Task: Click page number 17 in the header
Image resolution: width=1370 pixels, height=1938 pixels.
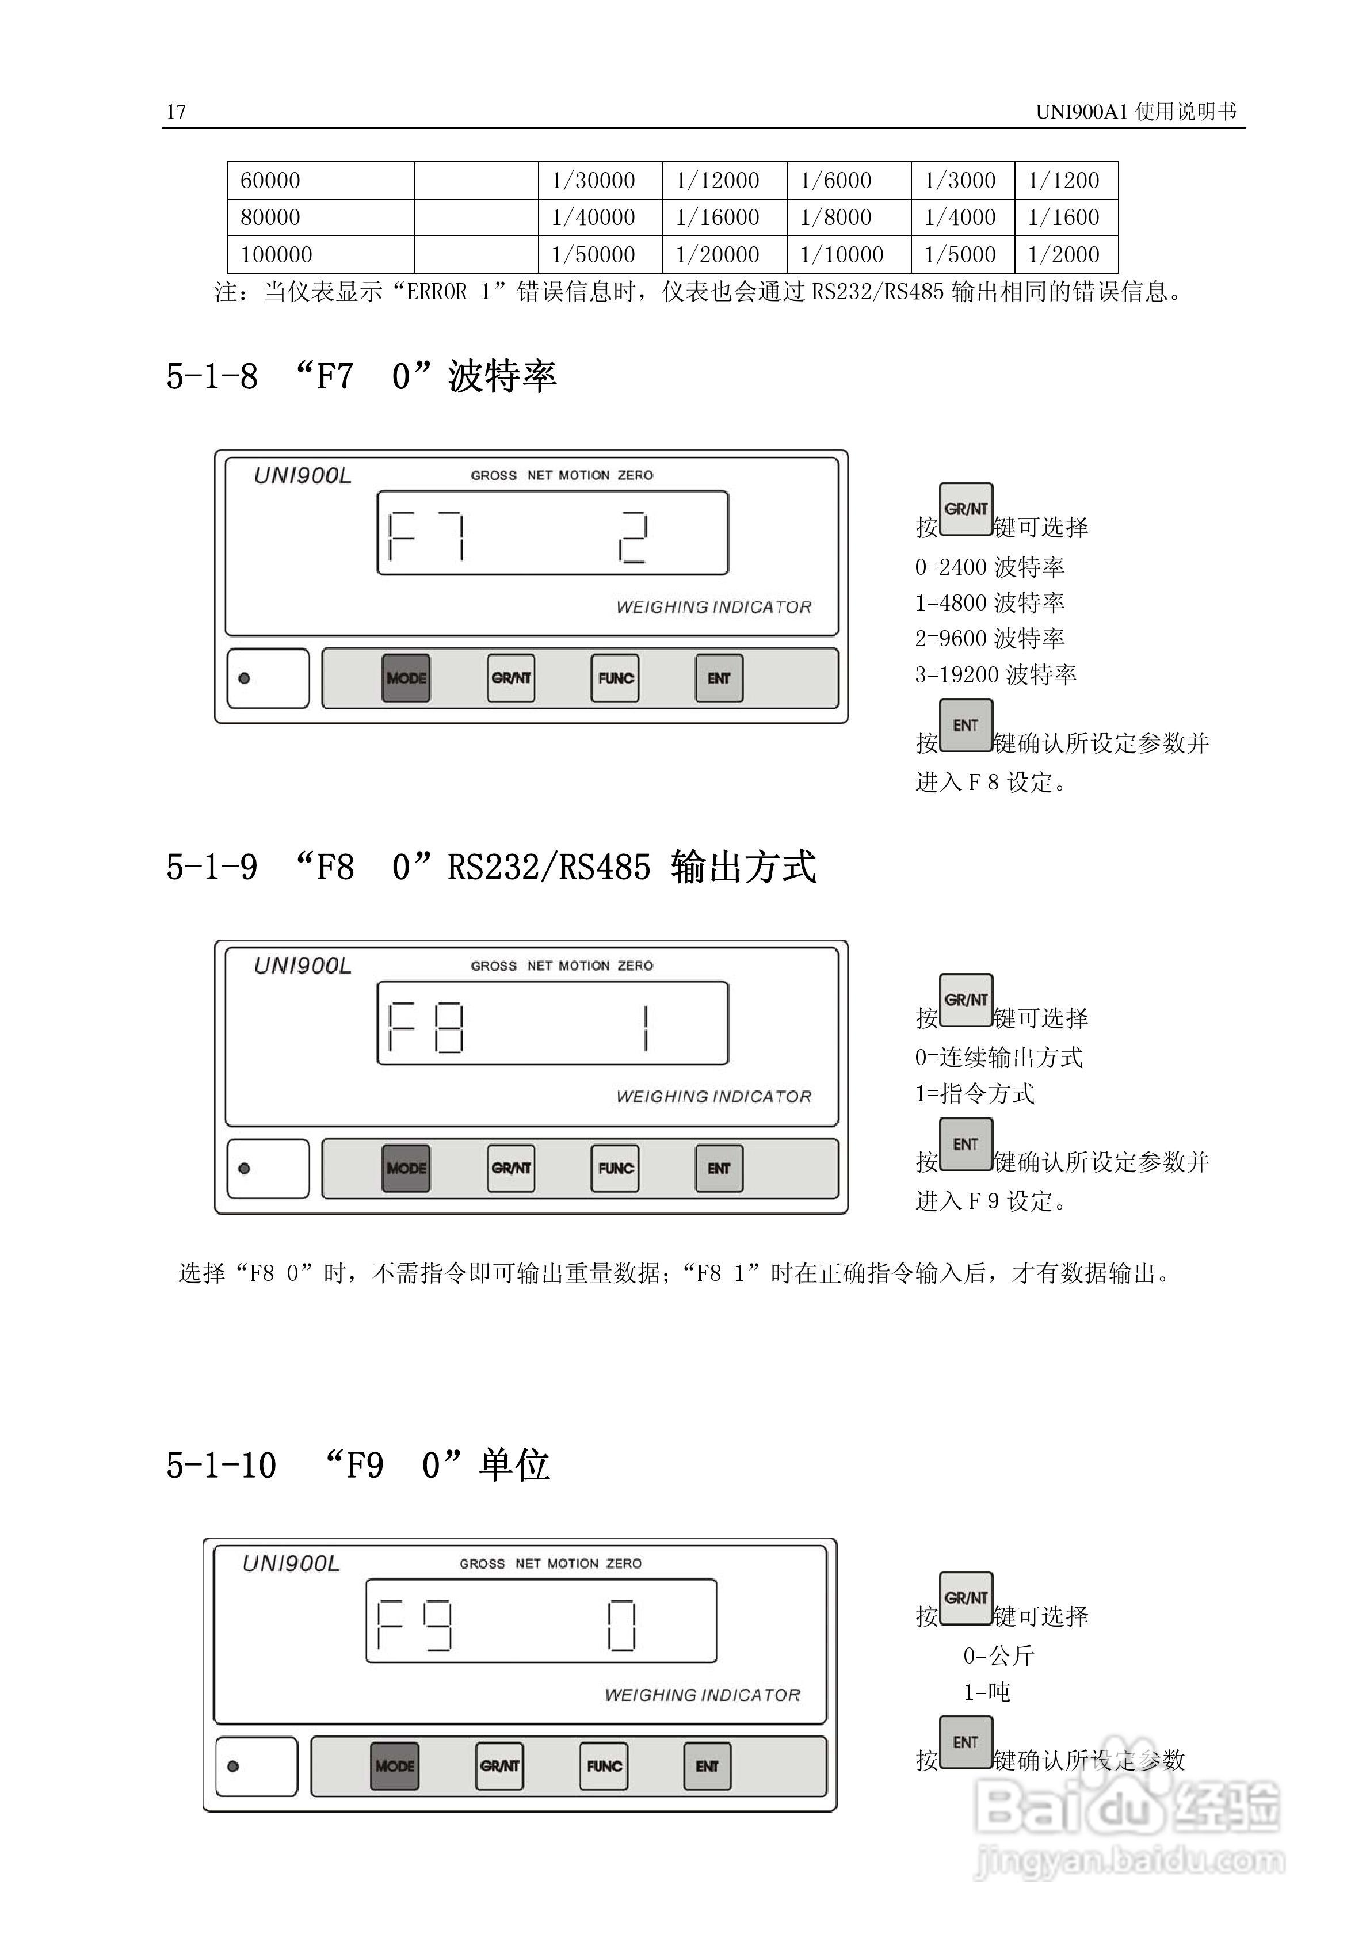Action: coord(175,112)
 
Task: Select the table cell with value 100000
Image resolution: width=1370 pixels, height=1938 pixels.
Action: coord(276,254)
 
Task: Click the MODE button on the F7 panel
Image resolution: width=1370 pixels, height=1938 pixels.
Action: coord(406,678)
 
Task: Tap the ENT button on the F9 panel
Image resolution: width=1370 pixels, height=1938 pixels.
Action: coord(707,1766)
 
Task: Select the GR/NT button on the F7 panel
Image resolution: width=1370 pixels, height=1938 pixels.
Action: coord(511,678)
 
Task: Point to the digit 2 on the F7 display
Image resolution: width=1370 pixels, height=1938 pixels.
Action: coord(632,537)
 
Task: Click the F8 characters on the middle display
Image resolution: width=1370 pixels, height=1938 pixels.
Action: coord(425,1027)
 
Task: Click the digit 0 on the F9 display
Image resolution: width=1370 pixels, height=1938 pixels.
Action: coord(621,1625)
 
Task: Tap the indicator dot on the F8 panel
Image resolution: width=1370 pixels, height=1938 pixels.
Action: coord(245,1168)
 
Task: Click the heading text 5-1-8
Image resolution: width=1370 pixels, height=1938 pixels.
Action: coord(212,376)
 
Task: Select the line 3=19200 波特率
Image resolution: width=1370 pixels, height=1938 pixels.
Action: coord(995,674)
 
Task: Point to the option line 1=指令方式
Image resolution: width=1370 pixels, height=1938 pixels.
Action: coord(975,1094)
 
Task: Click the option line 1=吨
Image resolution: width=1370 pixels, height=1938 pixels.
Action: coord(987,1692)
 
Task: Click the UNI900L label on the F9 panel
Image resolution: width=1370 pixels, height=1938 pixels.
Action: coord(291,1564)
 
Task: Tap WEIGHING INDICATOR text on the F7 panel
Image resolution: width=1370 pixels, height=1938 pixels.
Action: coord(713,607)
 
